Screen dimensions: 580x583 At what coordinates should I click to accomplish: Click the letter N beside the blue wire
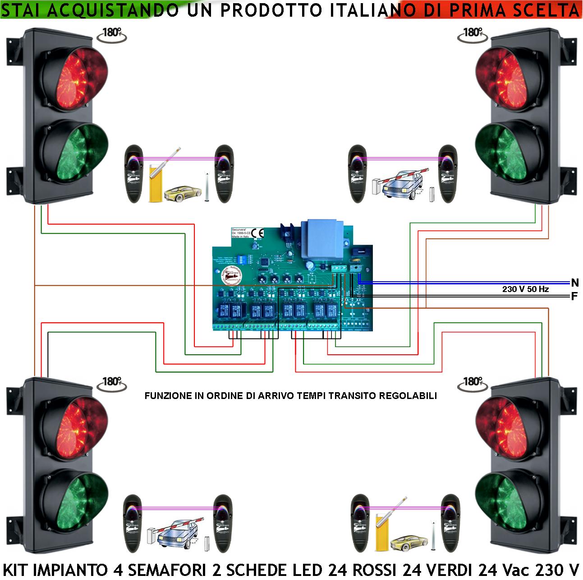point(574,283)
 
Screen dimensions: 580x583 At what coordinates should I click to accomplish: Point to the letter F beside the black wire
point(574,297)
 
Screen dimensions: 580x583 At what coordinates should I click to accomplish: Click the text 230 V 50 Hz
point(525,289)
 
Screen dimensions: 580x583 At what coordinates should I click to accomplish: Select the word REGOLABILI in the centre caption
point(412,396)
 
